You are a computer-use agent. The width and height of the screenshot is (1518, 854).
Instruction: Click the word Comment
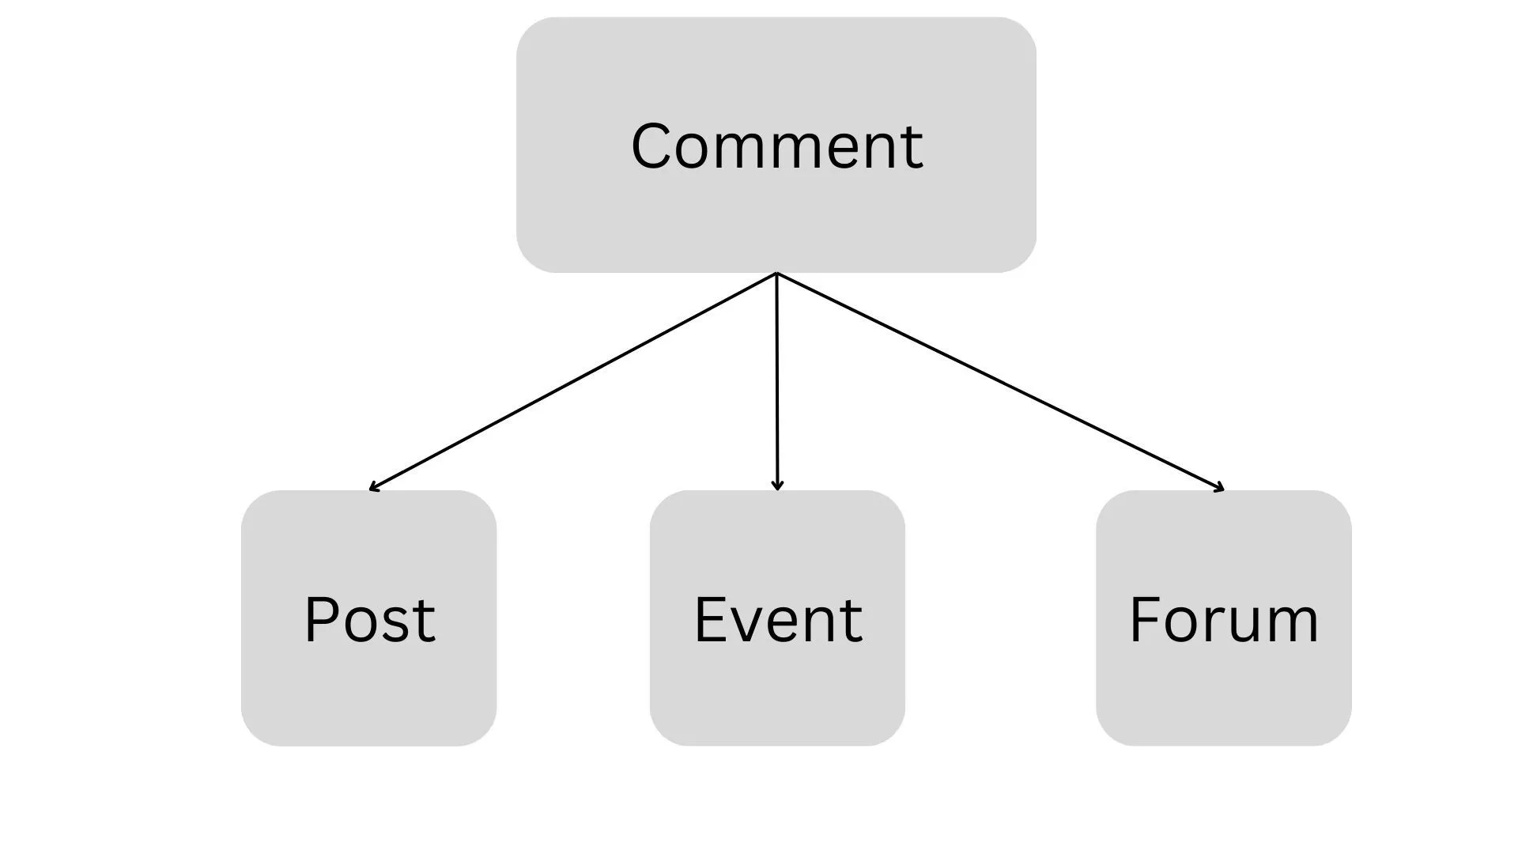pos(776,146)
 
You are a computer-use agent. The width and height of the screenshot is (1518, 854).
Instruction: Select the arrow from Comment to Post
pos(573,381)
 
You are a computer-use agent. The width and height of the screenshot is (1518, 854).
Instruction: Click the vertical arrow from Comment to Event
pos(776,380)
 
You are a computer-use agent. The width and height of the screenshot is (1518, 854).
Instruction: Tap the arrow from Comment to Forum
pos(1000,381)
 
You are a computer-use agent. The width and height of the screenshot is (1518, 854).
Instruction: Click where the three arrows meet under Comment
pos(776,274)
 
